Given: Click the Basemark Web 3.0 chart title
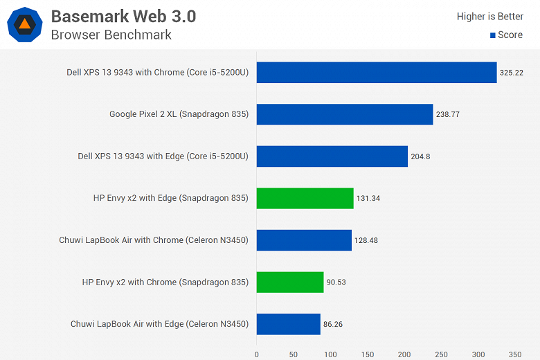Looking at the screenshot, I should (x=123, y=16).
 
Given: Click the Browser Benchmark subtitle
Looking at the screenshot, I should (x=111, y=35).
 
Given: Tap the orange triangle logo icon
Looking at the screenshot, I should (x=24, y=24).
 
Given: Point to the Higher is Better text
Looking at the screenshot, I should (x=489, y=17).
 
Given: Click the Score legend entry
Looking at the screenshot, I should (x=506, y=35).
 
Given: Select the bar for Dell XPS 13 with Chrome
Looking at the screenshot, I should (x=377, y=73).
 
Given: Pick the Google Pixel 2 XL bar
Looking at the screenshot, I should (x=345, y=114).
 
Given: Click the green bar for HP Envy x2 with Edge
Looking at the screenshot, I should (x=305, y=199).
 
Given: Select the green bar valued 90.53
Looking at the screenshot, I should (x=290, y=282).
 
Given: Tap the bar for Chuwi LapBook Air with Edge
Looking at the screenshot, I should (x=289, y=324).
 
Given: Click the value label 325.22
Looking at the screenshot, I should (x=512, y=73).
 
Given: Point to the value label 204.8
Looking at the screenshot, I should (x=420, y=156).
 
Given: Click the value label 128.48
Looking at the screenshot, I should (x=367, y=240).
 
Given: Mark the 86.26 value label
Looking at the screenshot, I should (x=336, y=324).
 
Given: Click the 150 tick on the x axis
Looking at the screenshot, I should (x=367, y=354).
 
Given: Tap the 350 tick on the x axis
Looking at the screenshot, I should (x=514, y=354).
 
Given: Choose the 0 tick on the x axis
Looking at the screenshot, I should (x=257, y=354).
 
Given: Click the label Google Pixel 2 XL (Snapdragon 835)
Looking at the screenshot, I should (x=179, y=114).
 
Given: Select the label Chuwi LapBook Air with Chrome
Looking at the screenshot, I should (x=154, y=240).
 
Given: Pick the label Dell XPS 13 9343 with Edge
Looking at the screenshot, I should (x=163, y=156).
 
